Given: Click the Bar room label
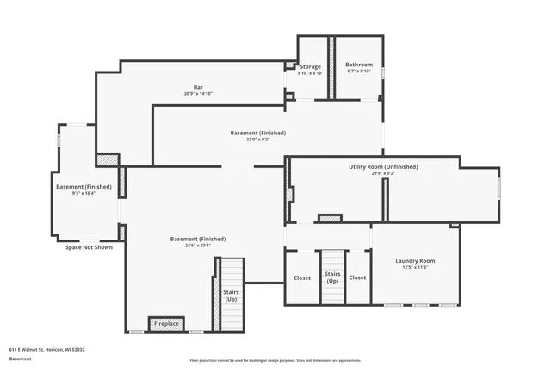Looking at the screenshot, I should pos(198,87).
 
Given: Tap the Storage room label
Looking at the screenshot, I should pos(310,66).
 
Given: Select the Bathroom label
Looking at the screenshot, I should pos(359,65).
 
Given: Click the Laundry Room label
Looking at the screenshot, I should pos(415,260).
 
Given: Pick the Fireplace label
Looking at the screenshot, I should pos(166,324).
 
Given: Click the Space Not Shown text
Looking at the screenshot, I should pos(89,247).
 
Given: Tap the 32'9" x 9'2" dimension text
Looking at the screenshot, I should pos(257,140).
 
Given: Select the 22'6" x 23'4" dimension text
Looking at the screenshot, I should pos(197,246).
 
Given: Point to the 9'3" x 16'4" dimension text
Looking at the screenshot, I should pos(84,193).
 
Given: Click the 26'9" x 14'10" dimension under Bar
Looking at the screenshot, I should pos(198,94).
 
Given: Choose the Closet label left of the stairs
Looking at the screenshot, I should pos(302,278).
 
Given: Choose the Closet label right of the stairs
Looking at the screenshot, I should pos(357,278).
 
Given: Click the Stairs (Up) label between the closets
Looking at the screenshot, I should pos(332,278).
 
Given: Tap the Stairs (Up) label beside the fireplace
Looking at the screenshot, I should pos(231,296).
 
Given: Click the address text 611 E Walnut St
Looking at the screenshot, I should pos(46,350).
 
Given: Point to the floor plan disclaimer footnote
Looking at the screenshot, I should pos(275,360).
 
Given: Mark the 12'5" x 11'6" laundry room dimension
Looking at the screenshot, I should pos(415,267).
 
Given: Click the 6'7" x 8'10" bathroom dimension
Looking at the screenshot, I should pos(359,72).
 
